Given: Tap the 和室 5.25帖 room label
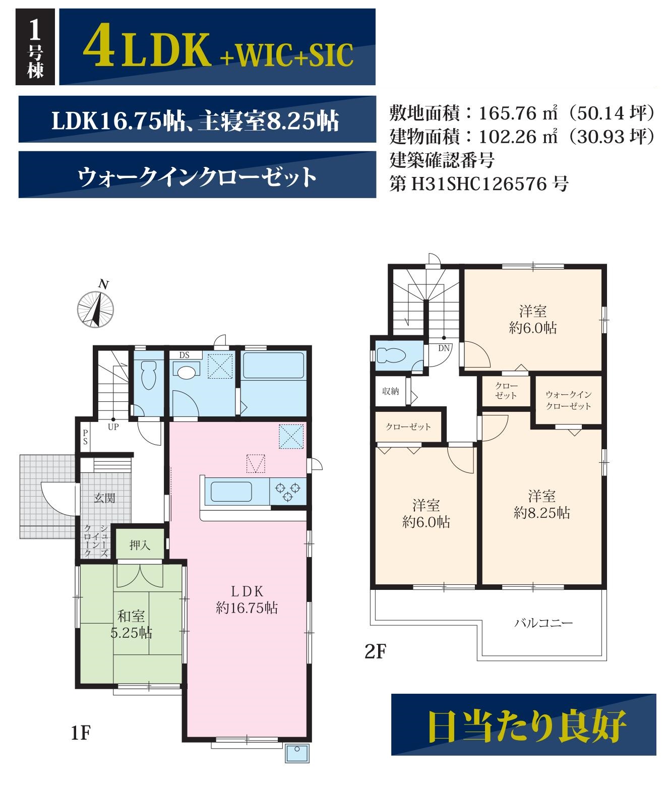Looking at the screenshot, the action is [131, 625].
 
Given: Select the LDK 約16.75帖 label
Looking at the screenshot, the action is [247, 599].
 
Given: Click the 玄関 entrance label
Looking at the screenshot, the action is [104, 498].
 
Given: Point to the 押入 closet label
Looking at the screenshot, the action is [140, 545].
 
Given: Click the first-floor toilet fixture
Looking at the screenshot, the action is [148, 375].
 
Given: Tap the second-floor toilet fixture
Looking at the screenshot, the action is [391, 356].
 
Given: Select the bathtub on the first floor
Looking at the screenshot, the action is [273, 365].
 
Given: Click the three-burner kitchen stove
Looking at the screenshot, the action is [288, 492].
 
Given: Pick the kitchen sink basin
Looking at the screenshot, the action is [231, 492].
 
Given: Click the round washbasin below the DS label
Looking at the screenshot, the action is [186, 372].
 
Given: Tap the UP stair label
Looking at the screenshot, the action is [113, 427].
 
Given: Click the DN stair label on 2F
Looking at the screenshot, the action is [444, 348].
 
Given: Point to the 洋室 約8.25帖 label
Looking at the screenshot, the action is [542, 505].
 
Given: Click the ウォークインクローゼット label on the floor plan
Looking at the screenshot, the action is [569, 400].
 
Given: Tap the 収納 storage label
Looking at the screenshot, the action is [390, 391].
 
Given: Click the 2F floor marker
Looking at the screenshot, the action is [376, 651].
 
